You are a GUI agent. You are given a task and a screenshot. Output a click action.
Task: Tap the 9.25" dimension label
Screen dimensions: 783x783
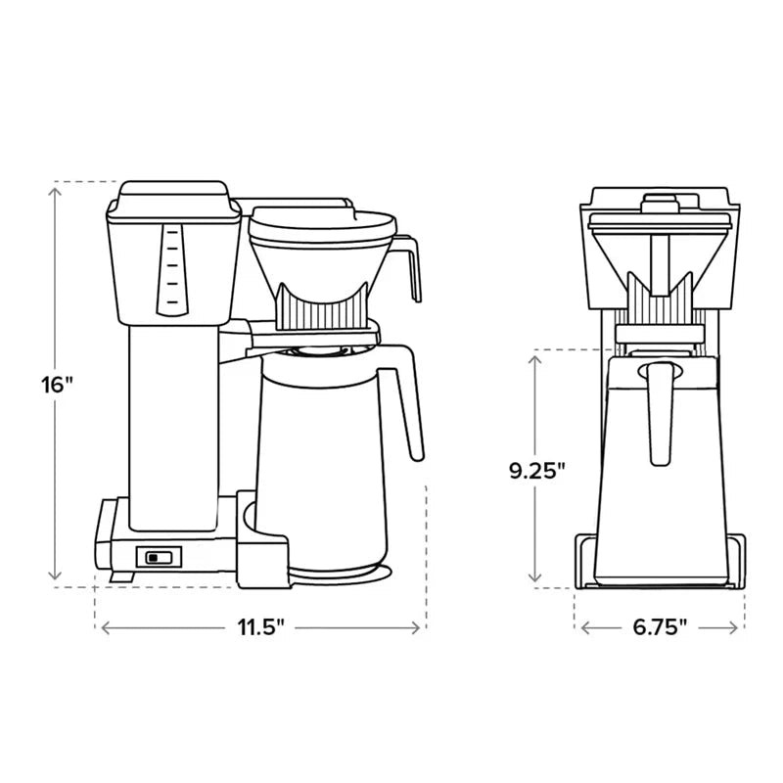pos(537,471)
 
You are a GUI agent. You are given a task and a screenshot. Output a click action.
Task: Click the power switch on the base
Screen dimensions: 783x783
pos(158,557)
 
